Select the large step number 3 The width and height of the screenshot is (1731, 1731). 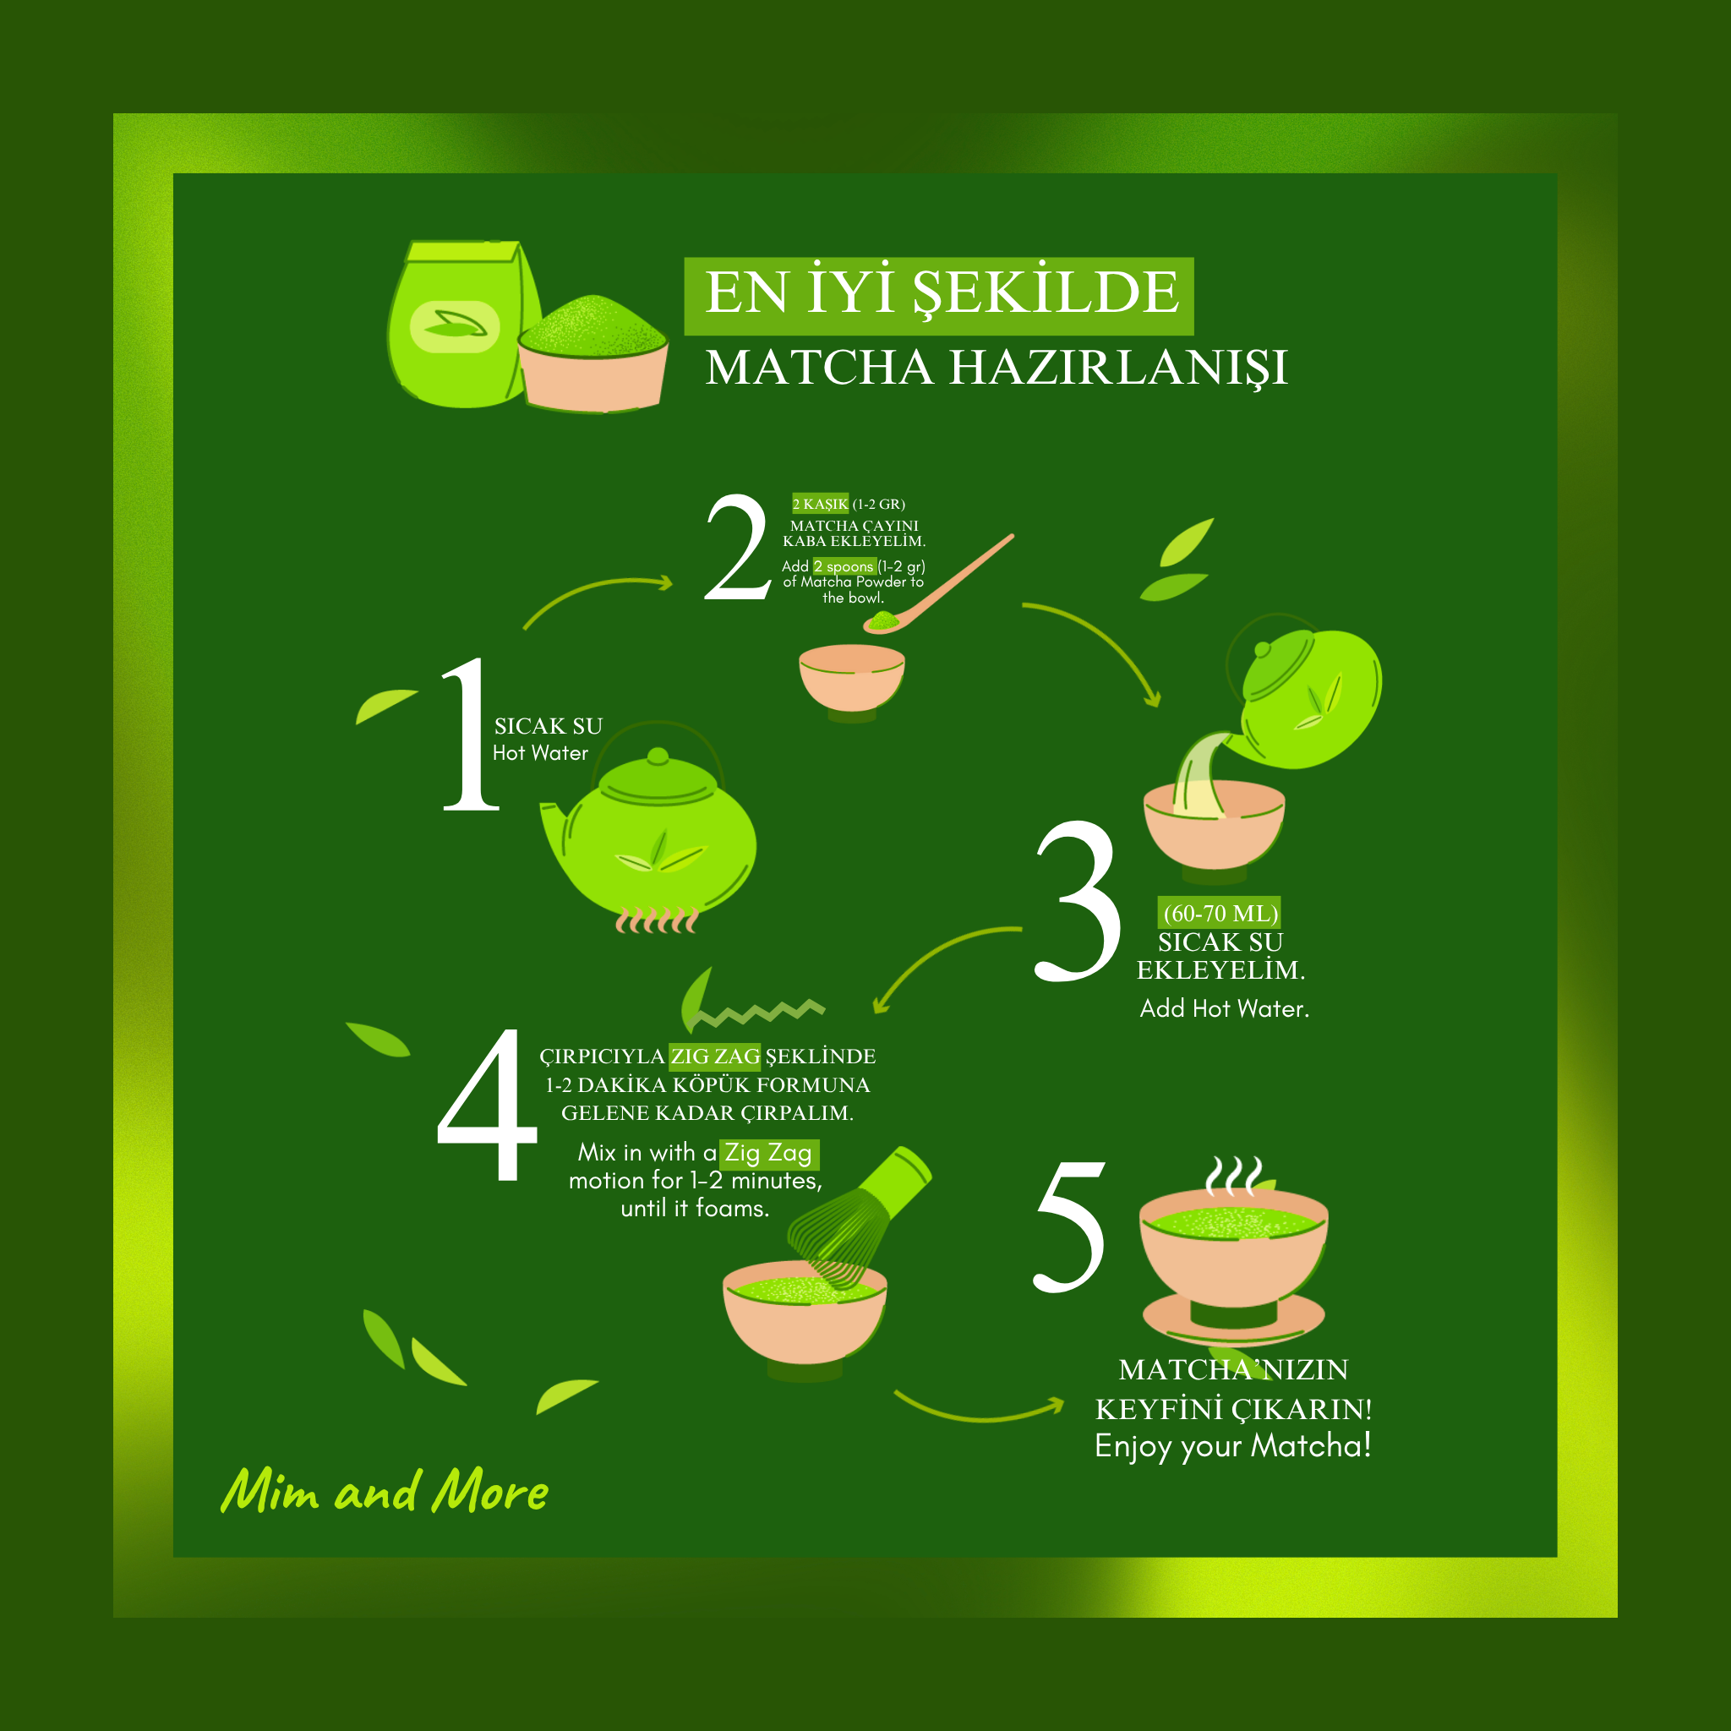click(x=1078, y=900)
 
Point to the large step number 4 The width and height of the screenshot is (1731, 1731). click(x=487, y=1104)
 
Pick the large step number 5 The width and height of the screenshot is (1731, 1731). click(x=1070, y=1226)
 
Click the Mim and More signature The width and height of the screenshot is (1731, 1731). click(x=385, y=1491)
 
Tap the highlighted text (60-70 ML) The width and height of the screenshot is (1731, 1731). click(x=1220, y=913)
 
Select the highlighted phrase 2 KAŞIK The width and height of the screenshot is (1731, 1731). click(x=820, y=504)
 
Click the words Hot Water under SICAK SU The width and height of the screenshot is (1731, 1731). click(x=540, y=752)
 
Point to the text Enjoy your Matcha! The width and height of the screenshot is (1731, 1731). click(x=1233, y=1446)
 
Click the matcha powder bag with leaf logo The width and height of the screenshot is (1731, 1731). click(x=462, y=324)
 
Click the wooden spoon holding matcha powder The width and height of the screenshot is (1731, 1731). click(x=937, y=585)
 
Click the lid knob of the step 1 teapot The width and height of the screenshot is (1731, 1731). click(x=658, y=756)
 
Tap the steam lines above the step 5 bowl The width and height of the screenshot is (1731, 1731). click(x=1233, y=1177)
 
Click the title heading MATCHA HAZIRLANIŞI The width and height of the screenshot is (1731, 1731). click(x=997, y=369)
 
